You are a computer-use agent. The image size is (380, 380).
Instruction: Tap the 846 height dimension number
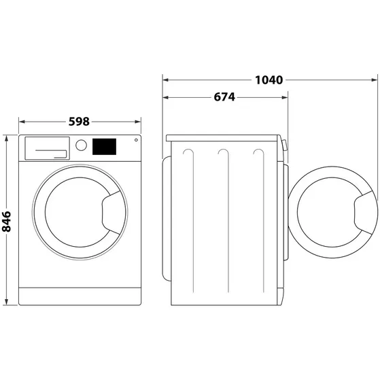tap(7, 220)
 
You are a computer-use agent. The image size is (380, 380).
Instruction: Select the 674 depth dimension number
tap(224, 97)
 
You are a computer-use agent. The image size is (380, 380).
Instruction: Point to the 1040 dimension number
tap(269, 80)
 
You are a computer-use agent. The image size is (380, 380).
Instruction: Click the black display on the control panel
tap(103, 145)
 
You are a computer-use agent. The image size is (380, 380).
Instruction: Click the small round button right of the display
tap(136, 141)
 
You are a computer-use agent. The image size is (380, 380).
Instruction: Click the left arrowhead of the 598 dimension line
tap(22, 122)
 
